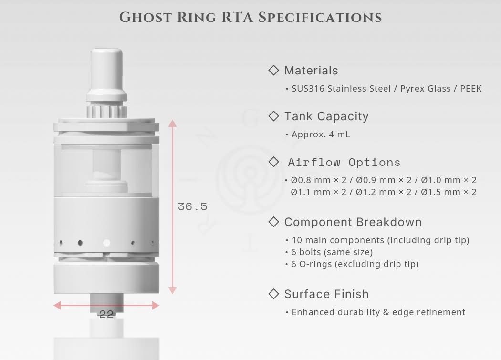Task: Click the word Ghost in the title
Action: [146, 17]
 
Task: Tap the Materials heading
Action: [311, 70]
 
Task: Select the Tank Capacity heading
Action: [326, 116]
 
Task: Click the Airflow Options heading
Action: [344, 162]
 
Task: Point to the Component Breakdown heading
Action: [353, 222]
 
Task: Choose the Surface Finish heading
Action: [326, 294]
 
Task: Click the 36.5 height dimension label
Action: [192, 206]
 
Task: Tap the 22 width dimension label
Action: [106, 314]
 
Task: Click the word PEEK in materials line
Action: [470, 89]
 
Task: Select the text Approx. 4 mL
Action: [321, 134]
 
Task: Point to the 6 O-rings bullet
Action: [355, 264]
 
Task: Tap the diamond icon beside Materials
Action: [274, 70]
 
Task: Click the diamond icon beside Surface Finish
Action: [274, 294]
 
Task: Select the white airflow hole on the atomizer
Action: [106, 243]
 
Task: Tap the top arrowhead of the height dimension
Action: [173, 123]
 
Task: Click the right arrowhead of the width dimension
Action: [156, 305]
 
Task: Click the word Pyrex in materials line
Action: [409, 89]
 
